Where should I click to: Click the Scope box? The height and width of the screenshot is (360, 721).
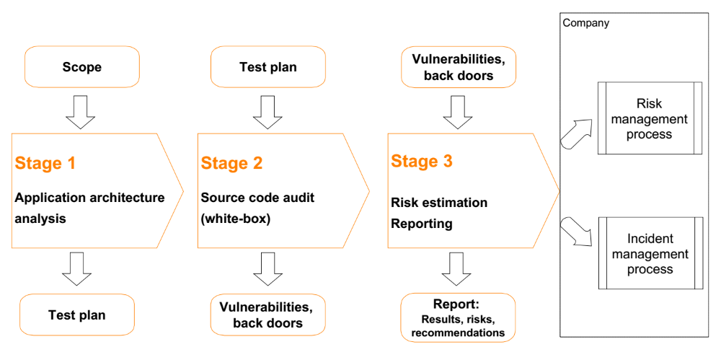point(82,67)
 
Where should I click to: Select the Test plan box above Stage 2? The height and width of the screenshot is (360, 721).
point(268,67)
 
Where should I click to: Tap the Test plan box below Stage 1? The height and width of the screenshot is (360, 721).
point(77,315)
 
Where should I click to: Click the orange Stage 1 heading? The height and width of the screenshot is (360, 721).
point(45,164)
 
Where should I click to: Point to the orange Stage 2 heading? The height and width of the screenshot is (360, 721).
point(231,164)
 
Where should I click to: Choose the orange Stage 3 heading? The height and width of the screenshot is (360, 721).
point(422,162)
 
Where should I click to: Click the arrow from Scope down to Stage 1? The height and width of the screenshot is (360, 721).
point(81,113)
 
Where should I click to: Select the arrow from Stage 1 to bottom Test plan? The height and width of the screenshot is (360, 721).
point(77,269)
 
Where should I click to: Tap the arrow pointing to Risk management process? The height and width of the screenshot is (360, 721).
point(577,133)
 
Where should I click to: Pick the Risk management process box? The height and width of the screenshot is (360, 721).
point(650,118)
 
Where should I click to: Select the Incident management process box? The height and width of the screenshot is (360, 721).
point(650,253)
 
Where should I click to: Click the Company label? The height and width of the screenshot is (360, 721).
point(585,23)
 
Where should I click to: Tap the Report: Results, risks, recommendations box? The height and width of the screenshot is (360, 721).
point(458,317)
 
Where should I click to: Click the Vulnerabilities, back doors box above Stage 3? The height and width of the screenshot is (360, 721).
point(459,67)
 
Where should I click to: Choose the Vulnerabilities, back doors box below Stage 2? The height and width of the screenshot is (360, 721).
point(268,315)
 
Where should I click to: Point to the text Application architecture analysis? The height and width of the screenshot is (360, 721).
point(89,208)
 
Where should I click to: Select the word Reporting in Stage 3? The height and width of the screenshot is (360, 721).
point(422,224)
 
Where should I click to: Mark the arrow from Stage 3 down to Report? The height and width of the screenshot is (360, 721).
point(457,269)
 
